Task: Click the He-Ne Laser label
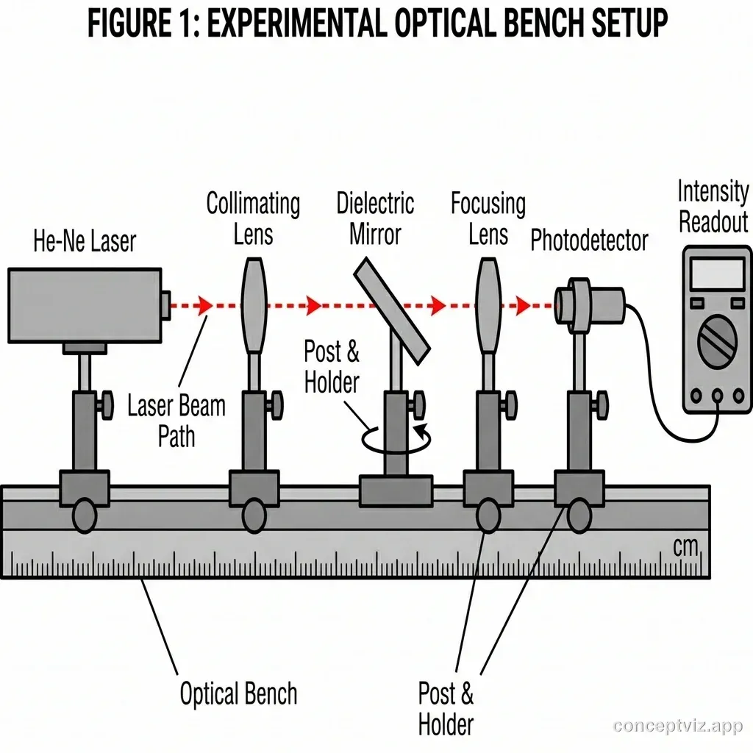(85, 241)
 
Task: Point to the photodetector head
(588, 302)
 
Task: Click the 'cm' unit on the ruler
(686, 546)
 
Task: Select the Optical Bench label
(238, 693)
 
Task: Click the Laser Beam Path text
(176, 421)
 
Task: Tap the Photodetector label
(590, 240)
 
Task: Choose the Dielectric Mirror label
(375, 219)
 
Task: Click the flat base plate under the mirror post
(395, 490)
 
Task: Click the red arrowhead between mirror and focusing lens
(439, 304)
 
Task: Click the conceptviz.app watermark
(677, 727)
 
